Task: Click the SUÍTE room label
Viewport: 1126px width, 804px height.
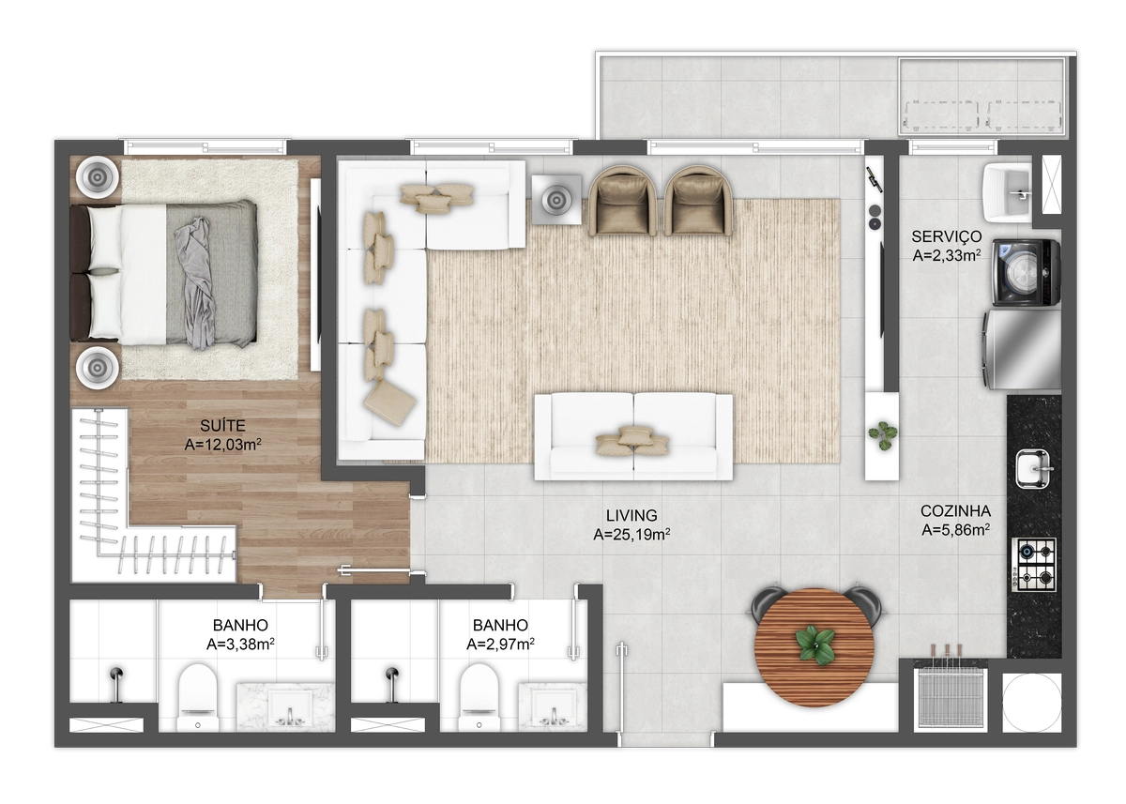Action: coord(222,426)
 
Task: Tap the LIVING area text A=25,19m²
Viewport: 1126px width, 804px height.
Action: coord(631,535)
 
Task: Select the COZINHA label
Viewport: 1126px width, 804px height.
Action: coord(955,511)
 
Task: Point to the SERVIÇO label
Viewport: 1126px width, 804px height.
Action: coord(947,236)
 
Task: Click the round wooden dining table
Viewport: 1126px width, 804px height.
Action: coord(814,648)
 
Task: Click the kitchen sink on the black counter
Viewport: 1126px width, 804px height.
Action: coord(1033,469)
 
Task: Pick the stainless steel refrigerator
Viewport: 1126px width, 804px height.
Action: coord(1022,350)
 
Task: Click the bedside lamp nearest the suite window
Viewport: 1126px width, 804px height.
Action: coord(97,177)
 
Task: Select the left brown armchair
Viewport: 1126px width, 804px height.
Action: coord(623,201)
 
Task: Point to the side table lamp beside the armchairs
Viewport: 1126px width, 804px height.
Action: coord(556,200)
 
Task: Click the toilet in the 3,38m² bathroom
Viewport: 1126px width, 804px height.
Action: coord(198,697)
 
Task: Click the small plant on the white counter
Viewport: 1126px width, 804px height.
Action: coord(882,435)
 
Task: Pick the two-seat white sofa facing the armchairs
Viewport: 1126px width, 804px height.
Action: coord(633,437)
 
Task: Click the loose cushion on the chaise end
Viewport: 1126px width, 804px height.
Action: coord(390,403)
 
